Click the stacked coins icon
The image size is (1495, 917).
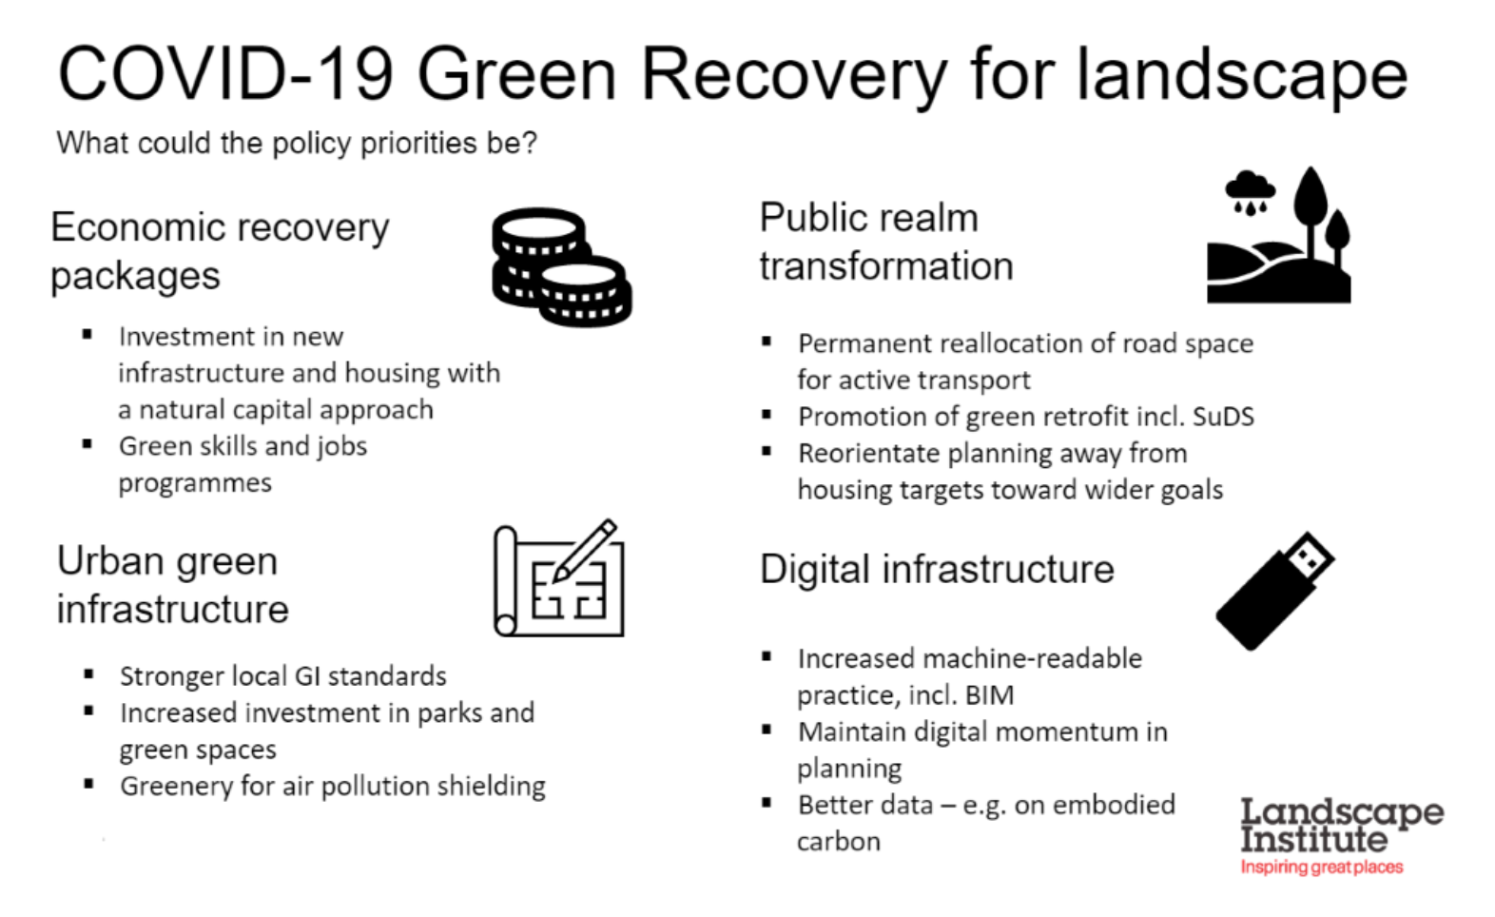pos(562,267)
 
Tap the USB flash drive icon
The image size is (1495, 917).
pos(1274,591)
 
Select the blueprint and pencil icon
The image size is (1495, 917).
pos(559,578)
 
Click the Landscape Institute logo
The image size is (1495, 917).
pos(1342,835)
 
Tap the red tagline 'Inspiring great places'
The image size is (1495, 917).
pos(1322,867)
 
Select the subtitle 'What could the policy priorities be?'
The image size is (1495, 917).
pos(297,143)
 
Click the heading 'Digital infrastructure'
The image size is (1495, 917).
pos(937,569)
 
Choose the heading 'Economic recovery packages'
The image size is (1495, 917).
pos(221,252)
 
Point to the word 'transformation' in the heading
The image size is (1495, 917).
pos(886,266)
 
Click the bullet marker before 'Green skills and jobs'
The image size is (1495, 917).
pos(87,444)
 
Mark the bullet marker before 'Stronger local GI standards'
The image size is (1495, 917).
pos(88,674)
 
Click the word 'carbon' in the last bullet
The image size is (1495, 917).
pos(839,842)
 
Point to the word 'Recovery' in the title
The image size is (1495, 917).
pos(794,75)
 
